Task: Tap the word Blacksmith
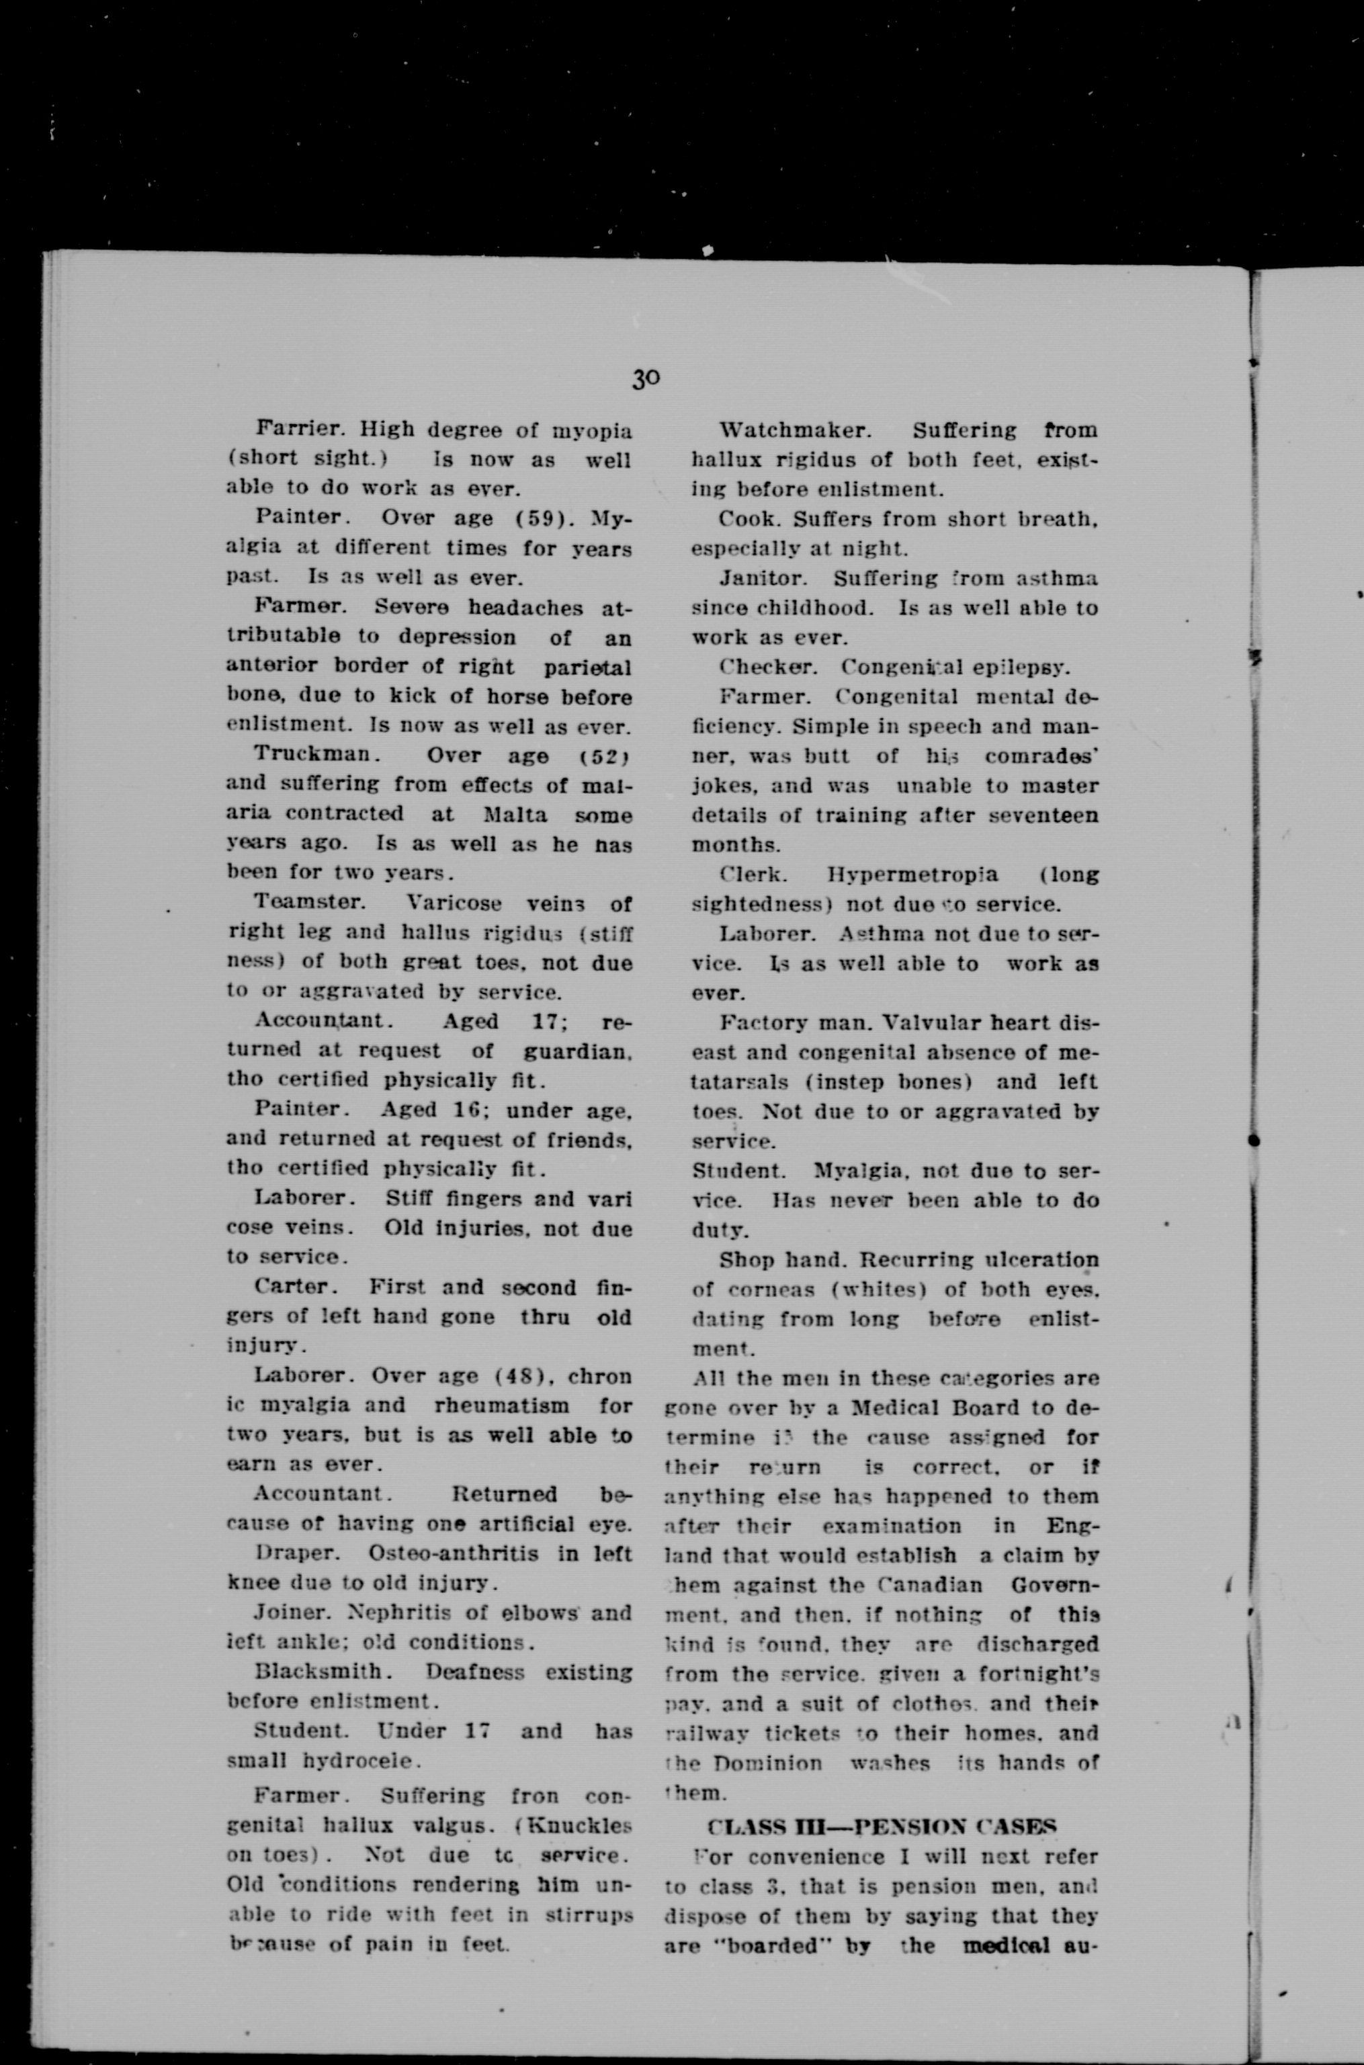(319, 1672)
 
